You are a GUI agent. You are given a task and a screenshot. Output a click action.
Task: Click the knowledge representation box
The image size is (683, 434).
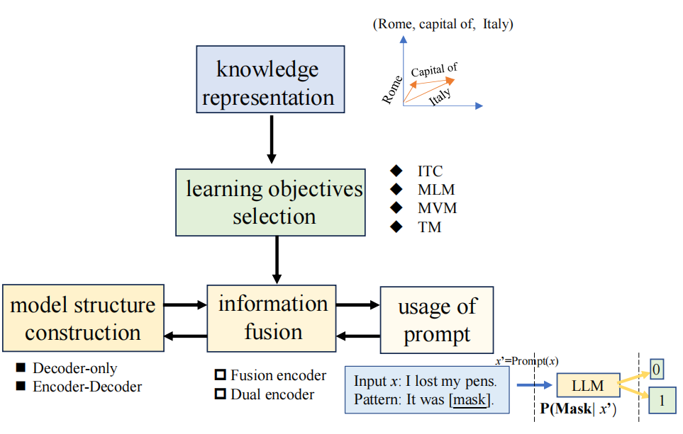tap(270, 80)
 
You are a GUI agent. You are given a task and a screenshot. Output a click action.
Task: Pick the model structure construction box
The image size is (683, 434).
tap(83, 318)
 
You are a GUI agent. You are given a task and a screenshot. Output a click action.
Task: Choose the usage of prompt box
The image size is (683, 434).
tap(436, 320)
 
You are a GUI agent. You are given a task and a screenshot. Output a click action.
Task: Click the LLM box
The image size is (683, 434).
tap(588, 385)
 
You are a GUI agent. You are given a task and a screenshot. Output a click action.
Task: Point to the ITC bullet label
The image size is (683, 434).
tap(430, 171)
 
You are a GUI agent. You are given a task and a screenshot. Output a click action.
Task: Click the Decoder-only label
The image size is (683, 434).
tap(74, 368)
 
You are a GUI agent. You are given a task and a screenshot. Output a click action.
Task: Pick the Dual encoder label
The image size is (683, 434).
tap(272, 394)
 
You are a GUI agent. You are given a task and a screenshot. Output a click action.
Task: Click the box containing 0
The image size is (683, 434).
tap(658, 369)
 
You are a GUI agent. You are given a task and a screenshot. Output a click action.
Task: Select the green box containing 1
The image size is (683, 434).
tap(662, 401)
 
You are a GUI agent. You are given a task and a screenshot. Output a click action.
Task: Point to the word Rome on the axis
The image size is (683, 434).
tap(392, 90)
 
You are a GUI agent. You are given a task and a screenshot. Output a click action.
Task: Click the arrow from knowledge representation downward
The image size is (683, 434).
tap(270, 138)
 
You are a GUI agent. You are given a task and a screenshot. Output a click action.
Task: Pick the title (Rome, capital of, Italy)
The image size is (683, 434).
tap(443, 25)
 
